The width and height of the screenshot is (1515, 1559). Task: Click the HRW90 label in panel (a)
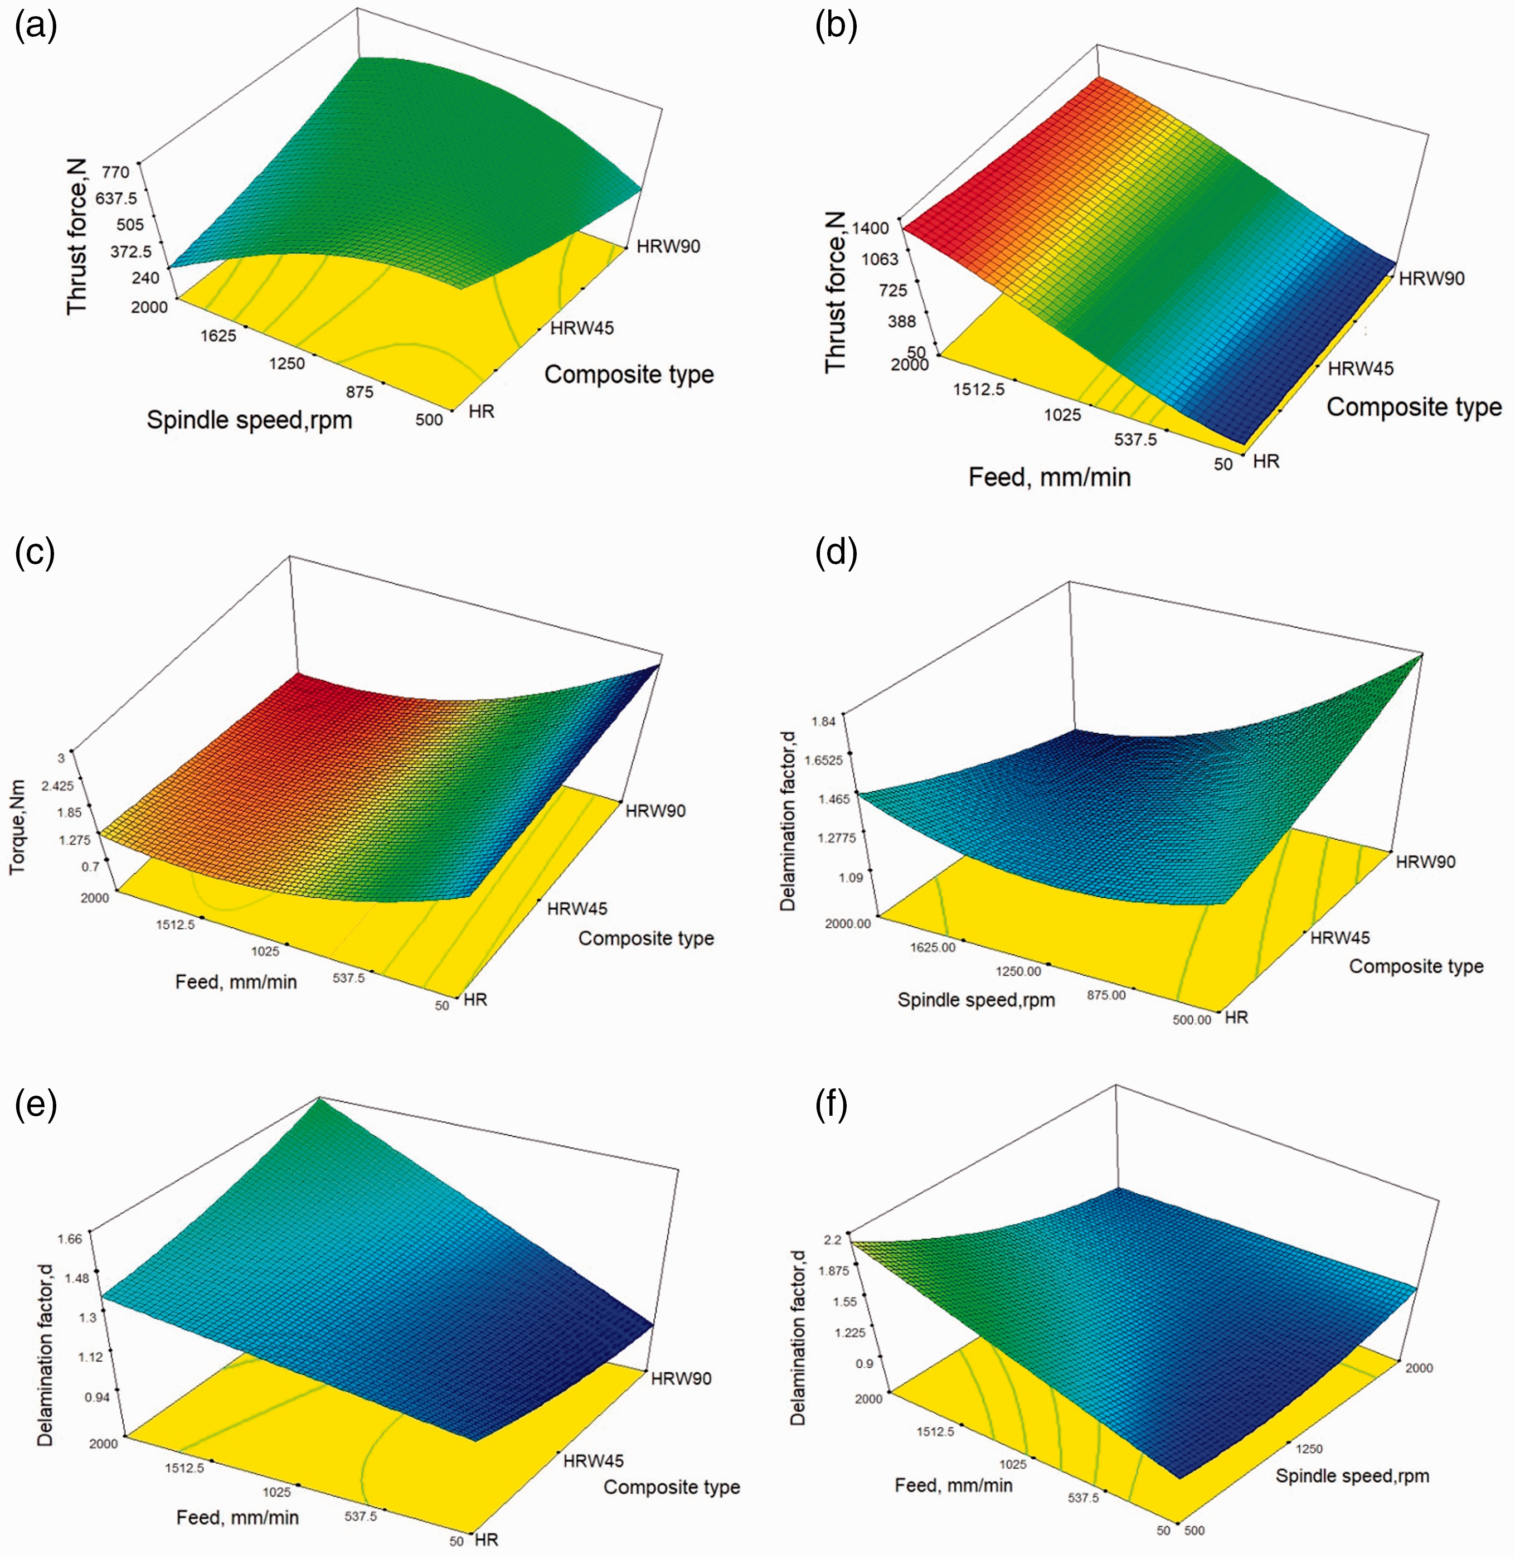coord(668,246)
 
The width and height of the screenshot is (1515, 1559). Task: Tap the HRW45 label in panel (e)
coord(594,1461)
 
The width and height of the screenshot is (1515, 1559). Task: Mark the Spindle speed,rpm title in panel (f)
coord(1353,1476)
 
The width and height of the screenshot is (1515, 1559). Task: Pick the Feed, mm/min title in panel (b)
coord(1050,477)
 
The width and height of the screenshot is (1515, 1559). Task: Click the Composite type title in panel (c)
coord(646,939)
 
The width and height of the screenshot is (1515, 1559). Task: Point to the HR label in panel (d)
coord(1236,1017)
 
